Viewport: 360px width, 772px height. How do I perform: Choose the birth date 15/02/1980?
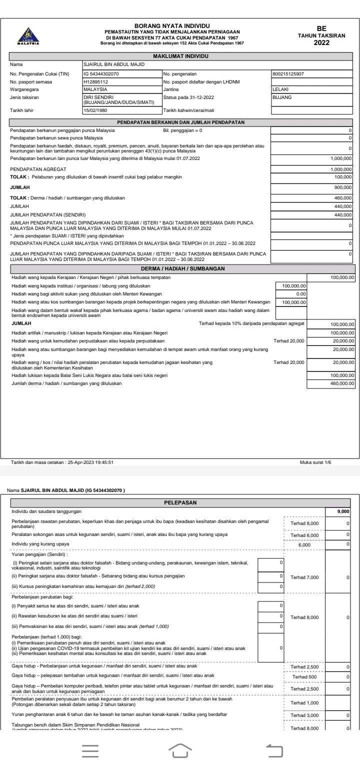pyautogui.click(x=95, y=110)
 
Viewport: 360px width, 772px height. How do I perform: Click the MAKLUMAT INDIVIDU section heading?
pyautogui.click(x=180, y=55)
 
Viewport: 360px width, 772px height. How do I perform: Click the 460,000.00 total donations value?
pyautogui.click(x=340, y=383)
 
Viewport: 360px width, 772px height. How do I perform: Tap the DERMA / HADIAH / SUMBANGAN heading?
pyautogui.click(x=180, y=269)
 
